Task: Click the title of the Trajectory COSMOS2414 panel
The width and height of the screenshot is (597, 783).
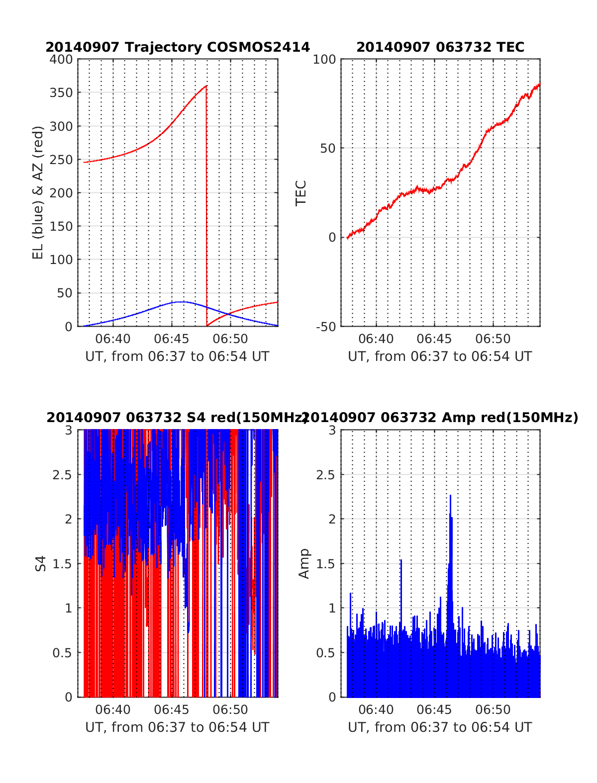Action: click(x=178, y=47)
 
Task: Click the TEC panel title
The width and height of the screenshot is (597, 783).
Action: click(x=440, y=47)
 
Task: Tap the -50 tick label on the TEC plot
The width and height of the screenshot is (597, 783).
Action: click(x=325, y=327)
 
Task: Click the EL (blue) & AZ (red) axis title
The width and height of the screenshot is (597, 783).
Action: click(x=38, y=192)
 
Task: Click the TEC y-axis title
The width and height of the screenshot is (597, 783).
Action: click(x=301, y=193)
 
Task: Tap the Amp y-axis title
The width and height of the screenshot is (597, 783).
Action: click(x=303, y=563)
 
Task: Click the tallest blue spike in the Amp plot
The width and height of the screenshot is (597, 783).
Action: click(x=450, y=496)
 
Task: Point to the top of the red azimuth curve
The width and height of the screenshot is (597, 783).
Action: click(x=206, y=86)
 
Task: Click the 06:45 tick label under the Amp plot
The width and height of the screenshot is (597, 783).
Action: click(x=434, y=709)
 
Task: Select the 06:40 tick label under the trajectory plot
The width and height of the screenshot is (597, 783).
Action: click(x=113, y=339)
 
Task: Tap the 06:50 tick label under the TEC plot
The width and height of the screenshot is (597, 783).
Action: click(x=493, y=339)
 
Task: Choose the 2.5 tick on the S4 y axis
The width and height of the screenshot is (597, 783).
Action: click(x=62, y=474)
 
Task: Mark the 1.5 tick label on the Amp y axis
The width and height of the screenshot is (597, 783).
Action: click(x=325, y=563)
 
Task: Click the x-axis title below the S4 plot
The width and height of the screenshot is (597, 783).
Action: click(x=177, y=727)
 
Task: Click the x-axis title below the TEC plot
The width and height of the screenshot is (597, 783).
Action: click(x=440, y=356)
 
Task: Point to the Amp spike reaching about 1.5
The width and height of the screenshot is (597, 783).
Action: click(x=400, y=560)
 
